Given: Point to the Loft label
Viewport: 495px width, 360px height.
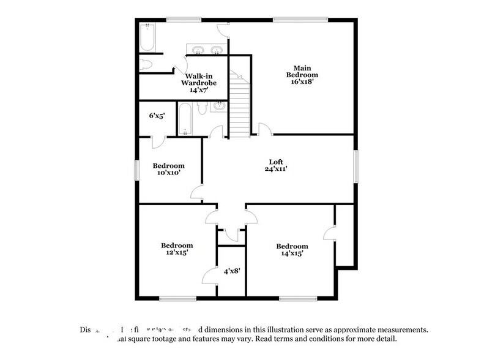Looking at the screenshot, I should tap(276, 162).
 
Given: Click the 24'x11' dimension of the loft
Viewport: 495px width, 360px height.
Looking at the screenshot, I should tap(276, 170).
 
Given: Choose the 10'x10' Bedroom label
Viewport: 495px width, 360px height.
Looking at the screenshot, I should tap(169, 166).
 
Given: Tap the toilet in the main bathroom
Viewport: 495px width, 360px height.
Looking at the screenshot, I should tap(146, 65).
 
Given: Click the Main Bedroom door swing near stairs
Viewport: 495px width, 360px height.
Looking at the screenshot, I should tap(264, 129).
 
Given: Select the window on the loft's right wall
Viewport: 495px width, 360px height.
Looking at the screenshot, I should tap(354, 166).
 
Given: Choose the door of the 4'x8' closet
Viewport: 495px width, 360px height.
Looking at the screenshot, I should tap(210, 275).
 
